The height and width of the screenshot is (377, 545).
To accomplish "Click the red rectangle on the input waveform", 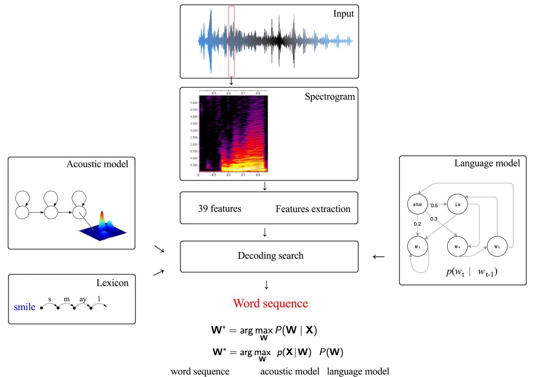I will tap(231, 41).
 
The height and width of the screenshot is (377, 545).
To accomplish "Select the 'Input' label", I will tap(343, 14).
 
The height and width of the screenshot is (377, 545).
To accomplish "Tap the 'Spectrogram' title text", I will tap(329, 97).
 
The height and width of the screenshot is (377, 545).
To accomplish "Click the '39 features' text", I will tap(219, 208).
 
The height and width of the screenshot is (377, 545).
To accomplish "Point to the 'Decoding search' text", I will tap(270, 255).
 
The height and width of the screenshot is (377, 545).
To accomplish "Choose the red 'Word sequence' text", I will tap(270, 303).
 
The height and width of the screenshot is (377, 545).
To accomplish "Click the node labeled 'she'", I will tap(417, 204).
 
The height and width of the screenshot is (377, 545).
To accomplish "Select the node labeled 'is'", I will tap(457, 204).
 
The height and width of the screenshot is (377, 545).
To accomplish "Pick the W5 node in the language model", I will tap(497, 247).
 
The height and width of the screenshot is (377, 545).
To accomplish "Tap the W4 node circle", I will tap(457, 247).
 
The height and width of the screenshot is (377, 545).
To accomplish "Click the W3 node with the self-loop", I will tap(417, 247).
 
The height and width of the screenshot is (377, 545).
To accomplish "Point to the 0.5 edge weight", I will tap(434, 206).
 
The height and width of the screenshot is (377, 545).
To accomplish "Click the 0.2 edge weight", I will tap(417, 224).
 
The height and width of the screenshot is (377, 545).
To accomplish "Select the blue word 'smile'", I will tap(25, 307).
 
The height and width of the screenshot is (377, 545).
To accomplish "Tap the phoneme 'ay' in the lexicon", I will tap(83, 299).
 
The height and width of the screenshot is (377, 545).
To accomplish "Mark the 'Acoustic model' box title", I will tap(97, 164).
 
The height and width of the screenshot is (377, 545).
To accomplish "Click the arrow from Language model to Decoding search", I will tap(378, 256).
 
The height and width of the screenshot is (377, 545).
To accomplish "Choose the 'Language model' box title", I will tap(487, 163).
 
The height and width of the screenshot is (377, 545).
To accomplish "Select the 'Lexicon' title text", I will tap(112, 283).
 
